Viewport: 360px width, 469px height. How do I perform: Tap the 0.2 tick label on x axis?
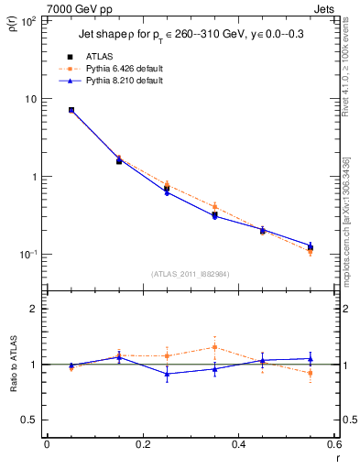pyautogui.click(x=142, y=445)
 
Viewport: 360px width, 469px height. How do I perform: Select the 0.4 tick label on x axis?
pyautogui.click(x=237, y=445)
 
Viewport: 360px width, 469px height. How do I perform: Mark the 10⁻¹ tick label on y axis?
pyautogui.click(x=30, y=255)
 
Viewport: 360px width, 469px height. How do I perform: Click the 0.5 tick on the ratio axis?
pyautogui.click(x=31, y=420)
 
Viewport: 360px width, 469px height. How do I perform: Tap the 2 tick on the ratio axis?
pyautogui.click(x=35, y=309)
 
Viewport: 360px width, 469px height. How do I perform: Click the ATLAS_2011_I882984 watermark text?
pyautogui.click(x=190, y=273)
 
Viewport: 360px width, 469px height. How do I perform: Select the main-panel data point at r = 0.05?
pyautogui.click(x=71, y=110)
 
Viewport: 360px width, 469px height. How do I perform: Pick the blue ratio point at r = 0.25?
pyautogui.click(x=167, y=374)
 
